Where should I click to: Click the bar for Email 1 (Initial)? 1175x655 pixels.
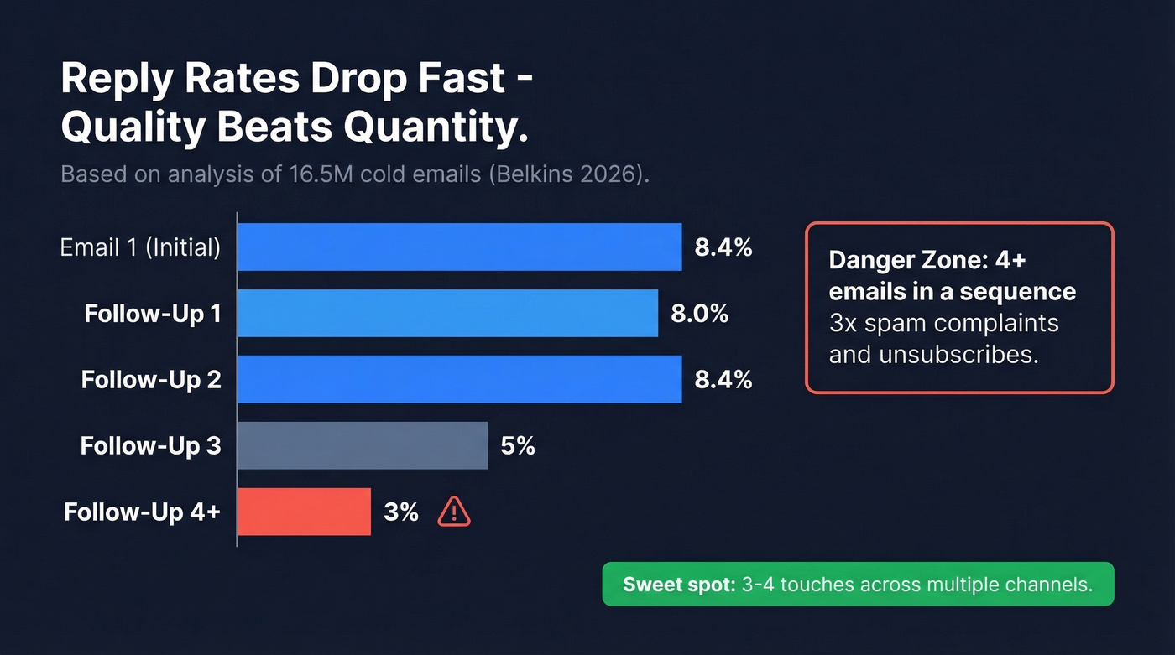click(459, 247)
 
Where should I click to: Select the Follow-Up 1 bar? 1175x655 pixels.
click(447, 314)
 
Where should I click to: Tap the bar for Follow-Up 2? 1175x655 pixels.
click(459, 379)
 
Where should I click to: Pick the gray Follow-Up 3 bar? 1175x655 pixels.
click(363, 445)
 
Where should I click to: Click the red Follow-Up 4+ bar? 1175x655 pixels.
click(304, 512)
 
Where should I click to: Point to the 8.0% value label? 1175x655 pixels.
click(699, 314)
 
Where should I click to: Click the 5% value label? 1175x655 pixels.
click(518, 445)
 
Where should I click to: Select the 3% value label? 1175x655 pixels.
click(401, 512)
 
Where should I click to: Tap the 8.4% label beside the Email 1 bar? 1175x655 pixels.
click(723, 247)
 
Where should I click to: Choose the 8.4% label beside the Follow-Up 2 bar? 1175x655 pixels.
click(723, 379)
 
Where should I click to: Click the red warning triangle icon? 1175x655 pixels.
click(454, 512)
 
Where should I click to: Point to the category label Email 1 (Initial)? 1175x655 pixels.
click(140, 247)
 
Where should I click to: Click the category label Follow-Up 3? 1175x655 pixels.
click(151, 445)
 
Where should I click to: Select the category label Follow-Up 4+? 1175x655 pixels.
click(142, 512)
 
